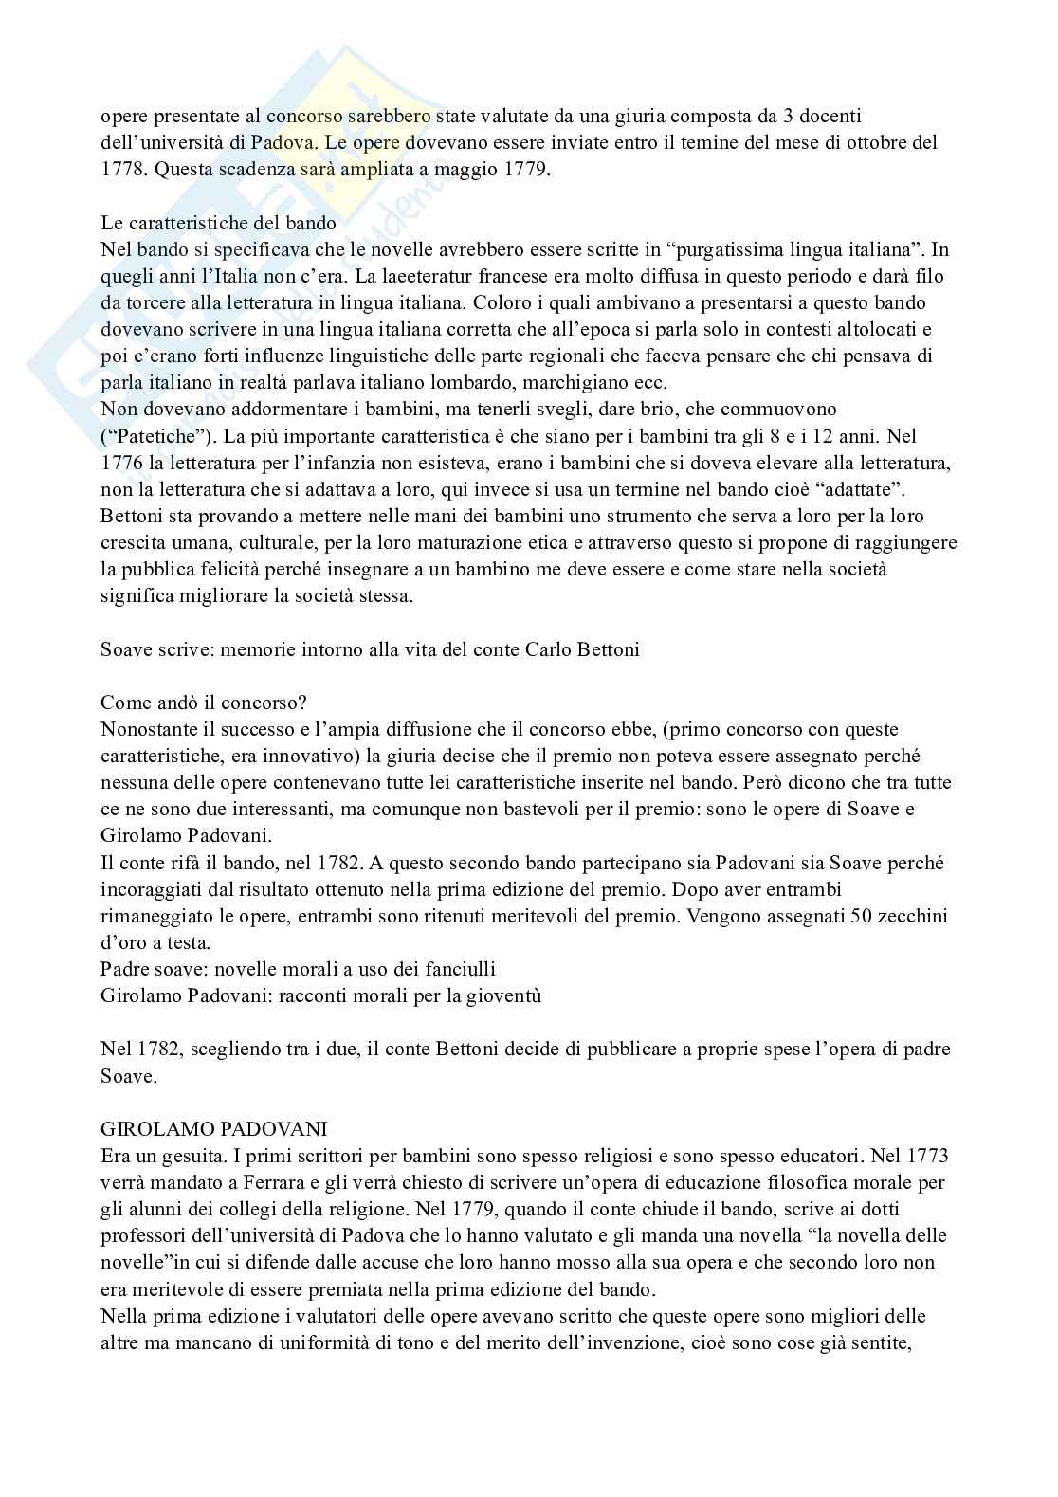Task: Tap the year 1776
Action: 120,464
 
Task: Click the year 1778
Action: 120,171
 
